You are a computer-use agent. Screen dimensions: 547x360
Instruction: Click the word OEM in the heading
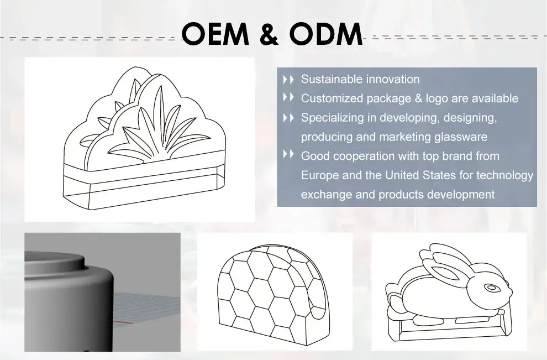215,34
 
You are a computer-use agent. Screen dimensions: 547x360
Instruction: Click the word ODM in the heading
326,34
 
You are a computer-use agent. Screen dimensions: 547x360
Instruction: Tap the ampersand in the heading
269,34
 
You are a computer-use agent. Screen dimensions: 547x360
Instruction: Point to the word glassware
460,137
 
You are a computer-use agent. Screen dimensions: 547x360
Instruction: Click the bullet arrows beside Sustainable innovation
288,79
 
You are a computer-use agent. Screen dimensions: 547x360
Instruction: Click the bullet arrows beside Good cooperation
288,154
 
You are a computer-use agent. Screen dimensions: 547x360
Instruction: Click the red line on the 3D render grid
123,322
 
